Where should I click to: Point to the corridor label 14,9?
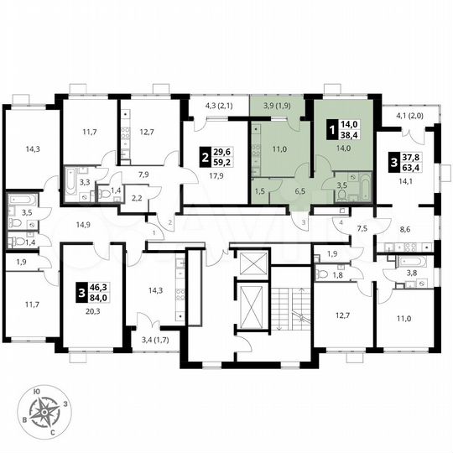pyautogui.click(x=83, y=225)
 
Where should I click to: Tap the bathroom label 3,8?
pyautogui.click(x=411, y=271)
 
